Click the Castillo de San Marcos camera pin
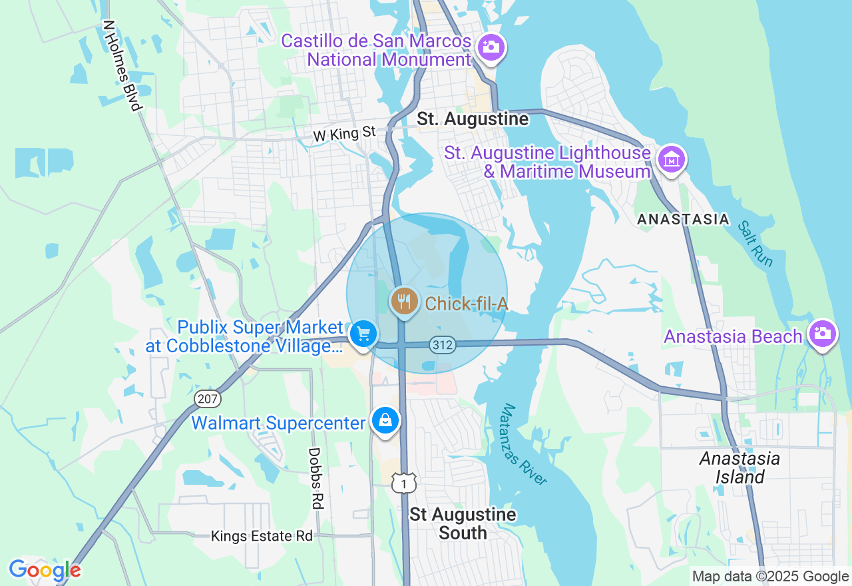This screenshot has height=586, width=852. [491, 47]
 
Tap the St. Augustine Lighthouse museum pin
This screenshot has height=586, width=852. [672, 160]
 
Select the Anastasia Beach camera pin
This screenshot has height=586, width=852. [823, 334]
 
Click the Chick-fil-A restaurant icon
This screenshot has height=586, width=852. [403, 302]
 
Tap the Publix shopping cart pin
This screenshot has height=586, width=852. [363, 333]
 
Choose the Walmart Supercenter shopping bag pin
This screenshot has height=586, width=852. [385, 421]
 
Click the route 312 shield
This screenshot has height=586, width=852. [442, 344]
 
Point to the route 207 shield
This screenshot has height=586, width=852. [207, 399]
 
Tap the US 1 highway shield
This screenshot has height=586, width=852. [403, 483]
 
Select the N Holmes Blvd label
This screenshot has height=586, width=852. [122, 65]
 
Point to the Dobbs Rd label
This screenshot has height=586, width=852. [316, 478]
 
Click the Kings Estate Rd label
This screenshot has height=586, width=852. [262, 536]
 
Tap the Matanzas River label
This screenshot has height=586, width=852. [525, 445]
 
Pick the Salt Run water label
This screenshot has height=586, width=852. [755, 244]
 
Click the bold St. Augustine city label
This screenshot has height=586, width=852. [473, 119]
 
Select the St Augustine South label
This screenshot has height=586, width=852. [463, 523]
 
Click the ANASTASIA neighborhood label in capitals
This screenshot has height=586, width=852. [683, 219]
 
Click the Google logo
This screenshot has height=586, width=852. [45, 571]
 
